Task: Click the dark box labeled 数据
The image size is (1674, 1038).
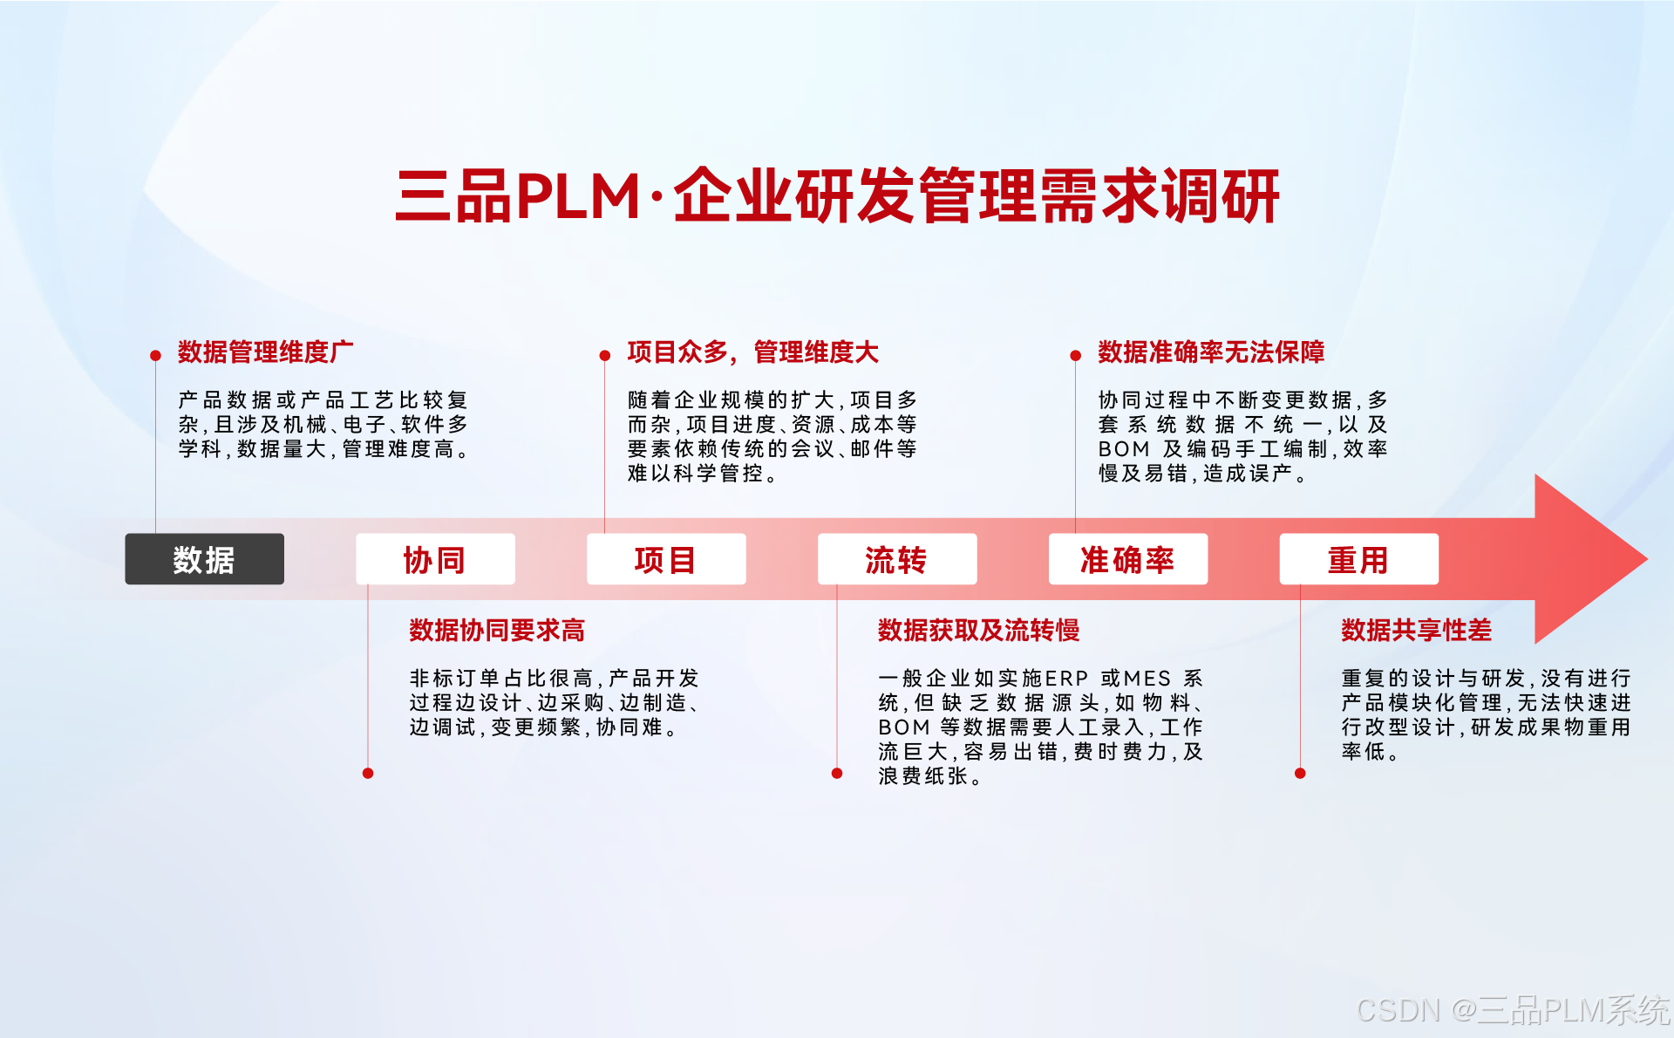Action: (204, 559)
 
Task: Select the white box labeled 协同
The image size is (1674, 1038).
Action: (435, 559)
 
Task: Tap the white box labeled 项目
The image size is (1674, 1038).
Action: (666, 559)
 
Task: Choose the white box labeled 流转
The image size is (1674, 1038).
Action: (896, 559)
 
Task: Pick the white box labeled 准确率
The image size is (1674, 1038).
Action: (1127, 559)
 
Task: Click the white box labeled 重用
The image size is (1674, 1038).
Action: (1358, 559)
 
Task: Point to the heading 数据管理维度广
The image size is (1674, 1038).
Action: (266, 352)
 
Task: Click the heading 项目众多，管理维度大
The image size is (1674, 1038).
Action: (752, 352)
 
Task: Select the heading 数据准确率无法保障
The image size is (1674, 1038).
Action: (1211, 352)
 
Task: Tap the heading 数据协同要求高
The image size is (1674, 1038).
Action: (497, 630)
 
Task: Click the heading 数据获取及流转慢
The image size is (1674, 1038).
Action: (978, 630)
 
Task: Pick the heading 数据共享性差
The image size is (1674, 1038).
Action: (1416, 630)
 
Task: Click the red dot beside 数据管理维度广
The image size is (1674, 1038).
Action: (155, 356)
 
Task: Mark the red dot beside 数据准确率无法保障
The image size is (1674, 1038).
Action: (1075, 356)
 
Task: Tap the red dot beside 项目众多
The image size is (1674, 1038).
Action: (604, 356)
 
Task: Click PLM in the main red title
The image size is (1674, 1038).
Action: (579, 196)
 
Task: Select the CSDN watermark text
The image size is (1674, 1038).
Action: (1513, 1010)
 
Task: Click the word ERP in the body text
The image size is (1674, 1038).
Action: (1066, 679)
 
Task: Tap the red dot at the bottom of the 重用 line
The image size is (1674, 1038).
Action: (1300, 774)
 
